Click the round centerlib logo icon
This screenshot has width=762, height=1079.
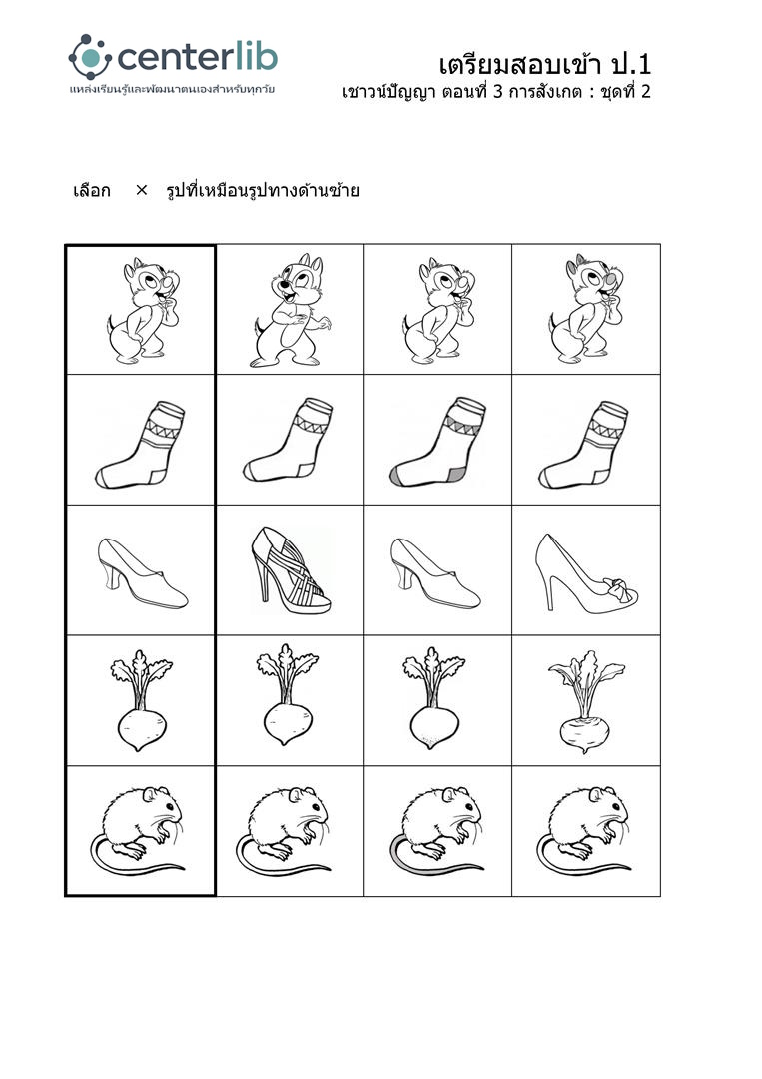click(90, 57)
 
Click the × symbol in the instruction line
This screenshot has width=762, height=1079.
click(141, 190)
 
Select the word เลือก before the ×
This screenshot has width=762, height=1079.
click(92, 190)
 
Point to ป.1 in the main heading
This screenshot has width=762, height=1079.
click(630, 65)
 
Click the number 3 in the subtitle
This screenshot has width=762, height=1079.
click(498, 92)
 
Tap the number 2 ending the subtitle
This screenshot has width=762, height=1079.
click(645, 92)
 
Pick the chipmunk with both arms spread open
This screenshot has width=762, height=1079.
click(289, 311)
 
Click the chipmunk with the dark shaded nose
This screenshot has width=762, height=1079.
click(586, 309)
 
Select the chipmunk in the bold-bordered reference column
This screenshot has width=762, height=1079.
click(143, 311)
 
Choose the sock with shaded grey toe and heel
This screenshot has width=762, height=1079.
click(437, 442)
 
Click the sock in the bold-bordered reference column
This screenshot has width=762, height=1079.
click(140, 445)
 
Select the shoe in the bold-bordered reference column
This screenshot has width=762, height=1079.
click(143, 573)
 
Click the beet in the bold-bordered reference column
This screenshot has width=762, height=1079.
click(141, 700)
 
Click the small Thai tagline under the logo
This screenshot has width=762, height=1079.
click(172, 90)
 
